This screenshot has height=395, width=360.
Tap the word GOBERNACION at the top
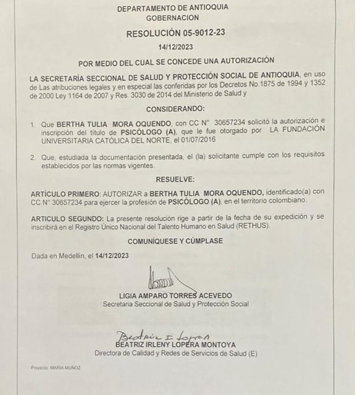172,19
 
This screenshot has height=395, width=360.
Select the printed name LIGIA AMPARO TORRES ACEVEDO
175,296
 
